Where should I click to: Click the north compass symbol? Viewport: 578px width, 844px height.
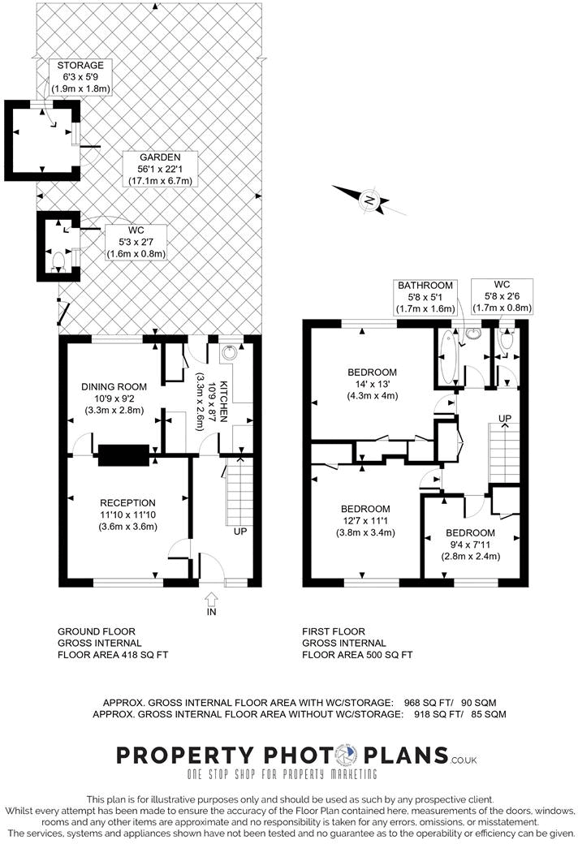point(369,199)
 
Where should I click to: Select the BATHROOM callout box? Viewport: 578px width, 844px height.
point(424,297)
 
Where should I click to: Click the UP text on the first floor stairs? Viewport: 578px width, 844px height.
point(505,419)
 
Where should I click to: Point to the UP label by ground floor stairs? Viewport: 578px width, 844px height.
point(241,532)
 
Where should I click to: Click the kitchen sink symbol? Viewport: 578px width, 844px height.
point(229,352)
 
